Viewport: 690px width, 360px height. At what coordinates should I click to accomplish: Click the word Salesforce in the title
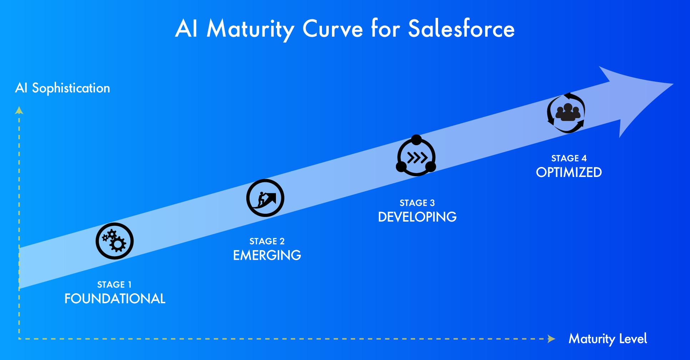(461, 29)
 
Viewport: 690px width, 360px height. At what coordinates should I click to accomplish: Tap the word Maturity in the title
(251, 29)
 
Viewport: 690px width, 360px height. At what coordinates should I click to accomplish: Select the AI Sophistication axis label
(62, 88)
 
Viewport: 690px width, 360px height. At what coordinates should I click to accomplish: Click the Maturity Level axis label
(608, 339)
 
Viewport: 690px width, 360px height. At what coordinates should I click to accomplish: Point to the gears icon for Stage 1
(115, 241)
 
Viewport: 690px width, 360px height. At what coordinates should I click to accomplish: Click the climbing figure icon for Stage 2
(265, 198)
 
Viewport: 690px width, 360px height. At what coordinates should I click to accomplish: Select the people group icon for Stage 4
(566, 113)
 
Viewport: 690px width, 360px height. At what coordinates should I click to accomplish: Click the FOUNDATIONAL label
(115, 299)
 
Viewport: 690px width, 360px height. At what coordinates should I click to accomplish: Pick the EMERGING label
(267, 255)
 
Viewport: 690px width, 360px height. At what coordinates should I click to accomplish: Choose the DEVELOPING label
(417, 217)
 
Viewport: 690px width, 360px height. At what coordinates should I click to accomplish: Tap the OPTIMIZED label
(569, 172)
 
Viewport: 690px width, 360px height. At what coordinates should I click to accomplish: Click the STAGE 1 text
(115, 284)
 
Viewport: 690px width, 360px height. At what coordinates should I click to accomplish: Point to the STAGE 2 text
(267, 241)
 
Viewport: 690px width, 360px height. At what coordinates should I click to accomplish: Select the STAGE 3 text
(417, 203)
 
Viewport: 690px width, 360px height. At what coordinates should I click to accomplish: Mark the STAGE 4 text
(569, 158)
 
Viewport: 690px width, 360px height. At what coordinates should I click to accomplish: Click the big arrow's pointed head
(673, 84)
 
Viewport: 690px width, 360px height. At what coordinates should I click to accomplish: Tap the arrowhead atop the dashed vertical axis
(19, 110)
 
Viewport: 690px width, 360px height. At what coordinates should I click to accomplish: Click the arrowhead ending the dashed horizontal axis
(552, 339)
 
